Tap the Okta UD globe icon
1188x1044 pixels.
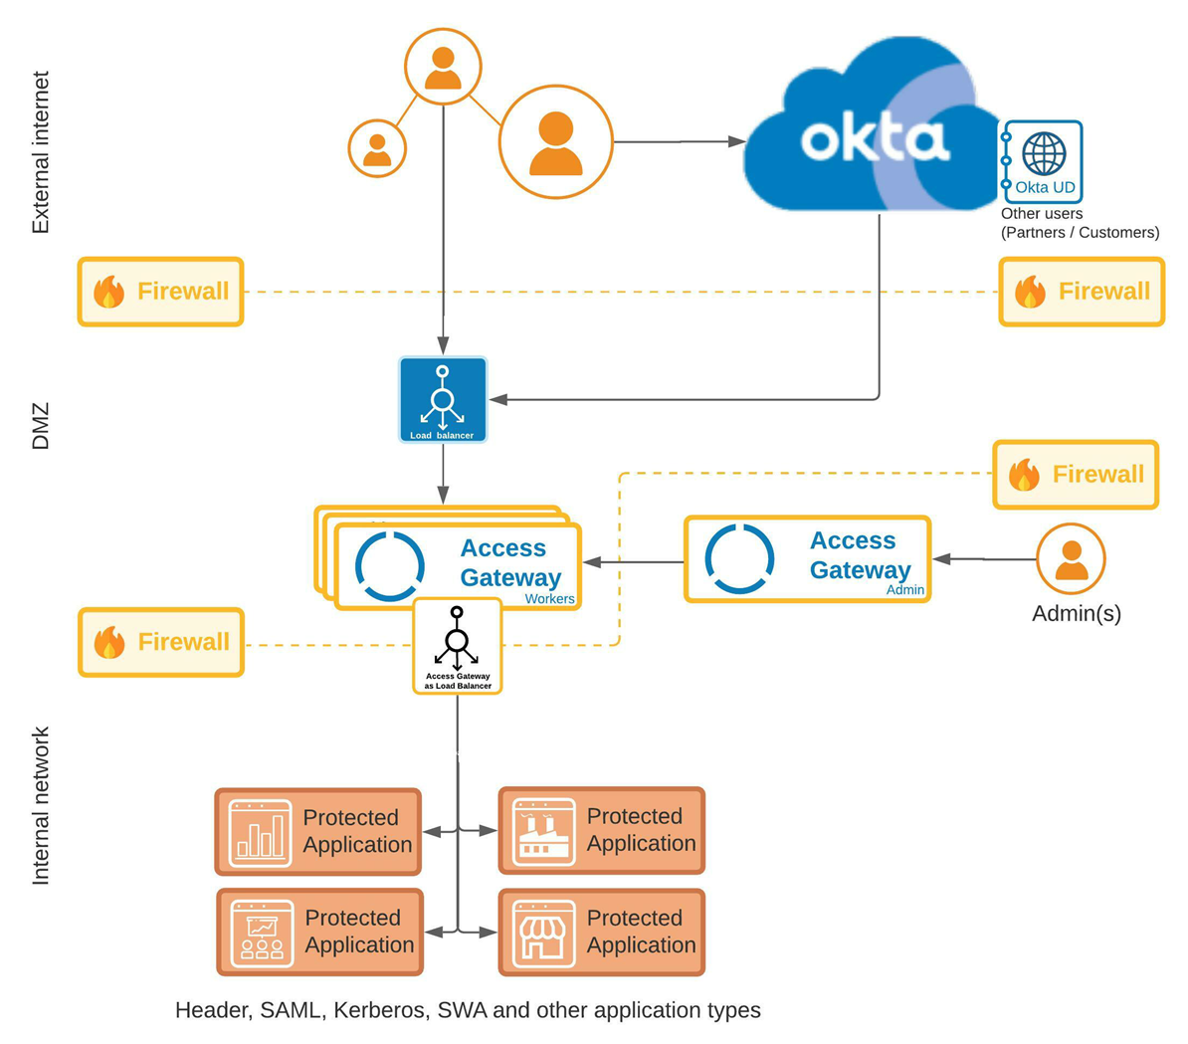pyautogui.click(x=1044, y=155)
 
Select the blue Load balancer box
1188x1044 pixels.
pyautogui.click(x=443, y=400)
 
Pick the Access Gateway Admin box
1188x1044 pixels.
pyautogui.click(x=807, y=559)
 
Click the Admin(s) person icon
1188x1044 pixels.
pyautogui.click(x=1071, y=559)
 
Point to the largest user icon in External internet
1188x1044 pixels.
pyautogui.click(x=555, y=142)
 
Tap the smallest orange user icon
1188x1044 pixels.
pyautogui.click(x=377, y=148)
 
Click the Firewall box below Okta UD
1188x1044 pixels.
pyautogui.click(x=1082, y=292)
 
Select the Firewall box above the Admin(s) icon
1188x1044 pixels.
pyautogui.click(x=1076, y=475)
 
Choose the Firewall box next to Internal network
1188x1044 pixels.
pyautogui.click(x=161, y=643)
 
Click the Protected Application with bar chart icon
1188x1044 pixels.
pyautogui.click(x=318, y=832)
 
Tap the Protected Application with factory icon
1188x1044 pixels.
pyautogui.click(x=602, y=831)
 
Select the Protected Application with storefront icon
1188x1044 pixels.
pyautogui.click(x=602, y=933)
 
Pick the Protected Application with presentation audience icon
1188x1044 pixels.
pyautogui.click(x=319, y=933)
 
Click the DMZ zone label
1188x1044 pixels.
pyautogui.click(x=41, y=426)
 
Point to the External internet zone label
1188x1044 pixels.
pyautogui.click(x=41, y=152)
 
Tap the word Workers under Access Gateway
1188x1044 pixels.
pyautogui.click(x=549, y=599)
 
